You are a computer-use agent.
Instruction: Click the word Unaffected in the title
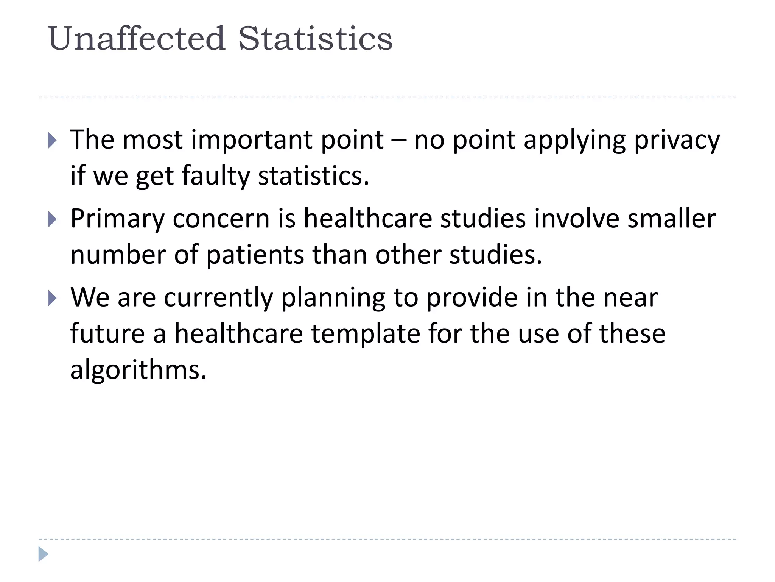tap(137, 39)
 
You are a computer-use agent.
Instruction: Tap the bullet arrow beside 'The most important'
tap(53, 141)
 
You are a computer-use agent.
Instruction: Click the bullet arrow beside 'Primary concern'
tap(53, 219)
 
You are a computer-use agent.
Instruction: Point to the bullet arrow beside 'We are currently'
tap(53, 298)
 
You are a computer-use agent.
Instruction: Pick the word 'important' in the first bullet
tap(251, 140)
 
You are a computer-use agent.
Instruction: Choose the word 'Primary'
tap(118, 219)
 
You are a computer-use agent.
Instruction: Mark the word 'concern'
tap(221, 219)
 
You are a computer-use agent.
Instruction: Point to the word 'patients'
tap(255, 255)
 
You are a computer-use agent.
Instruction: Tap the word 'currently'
tap(218, 298)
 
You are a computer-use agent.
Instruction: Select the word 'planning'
tap(333, 298)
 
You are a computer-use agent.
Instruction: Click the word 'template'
tap(366, 334)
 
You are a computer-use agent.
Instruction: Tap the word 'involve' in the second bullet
tap(577, 219)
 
